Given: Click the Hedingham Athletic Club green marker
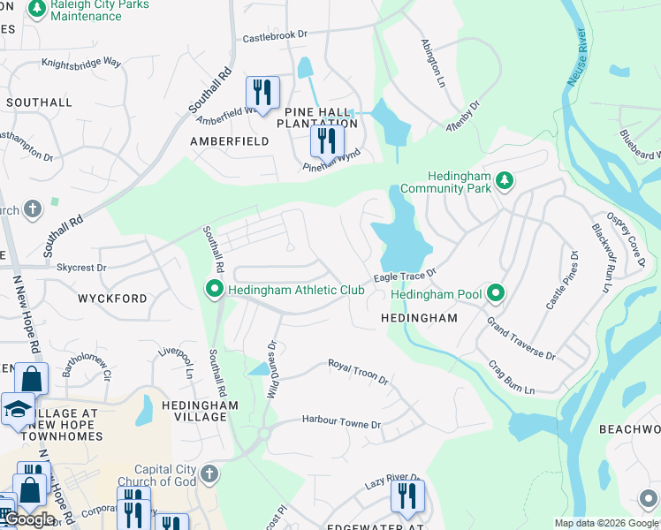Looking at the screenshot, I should pyautogui.click(x=213, y=290).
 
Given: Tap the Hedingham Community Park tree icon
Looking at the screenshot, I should pyautogui.click(x=504, y=181).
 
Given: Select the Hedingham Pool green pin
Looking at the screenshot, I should pyautogui.click(x=497, y=293).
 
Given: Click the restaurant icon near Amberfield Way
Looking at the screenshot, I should pyautogui.click(x=262, y=91).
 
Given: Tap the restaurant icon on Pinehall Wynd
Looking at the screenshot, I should pyautogui.click(x=327, y=140).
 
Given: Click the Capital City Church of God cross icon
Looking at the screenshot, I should pyautogui.click(x=209, y=475).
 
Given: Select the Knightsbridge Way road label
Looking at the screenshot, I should pyautogui.click(x=80, y=63).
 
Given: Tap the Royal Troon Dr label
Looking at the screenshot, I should pyautogui.click(x=358, y=371).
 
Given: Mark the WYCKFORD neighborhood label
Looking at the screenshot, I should pyautogui.click(x=113, y=299).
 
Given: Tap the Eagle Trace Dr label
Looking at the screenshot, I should pyautogui.click(x=405, y=277).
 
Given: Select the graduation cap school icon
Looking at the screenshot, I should pyautogui.click(x=18, y=409).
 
